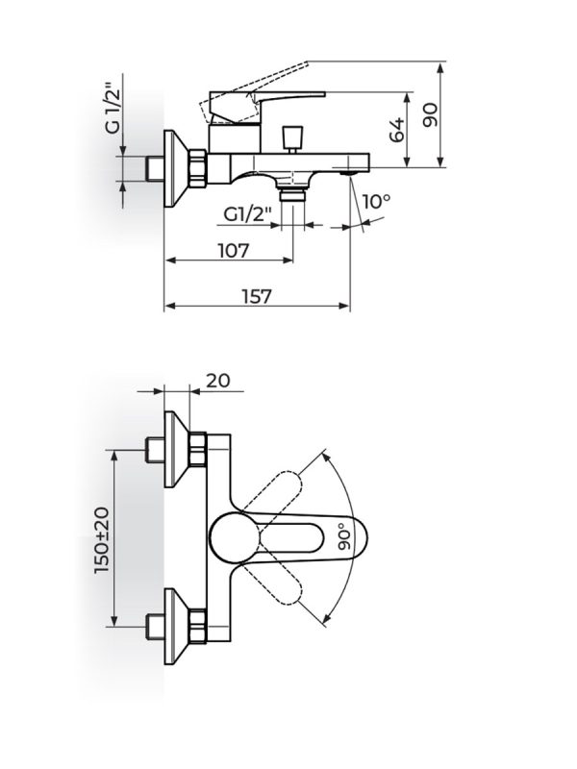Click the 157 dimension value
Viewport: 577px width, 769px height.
256,297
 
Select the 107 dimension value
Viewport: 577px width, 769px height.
234,251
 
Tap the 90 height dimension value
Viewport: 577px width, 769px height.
431,115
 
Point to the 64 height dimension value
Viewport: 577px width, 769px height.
397,130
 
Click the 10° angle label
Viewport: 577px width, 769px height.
377,201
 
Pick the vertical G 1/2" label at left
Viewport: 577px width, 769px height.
112,111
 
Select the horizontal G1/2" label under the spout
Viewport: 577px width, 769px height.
247,214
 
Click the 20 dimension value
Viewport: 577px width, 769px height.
218,380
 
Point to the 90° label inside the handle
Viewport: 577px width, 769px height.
345,536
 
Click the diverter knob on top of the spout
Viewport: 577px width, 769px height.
293,139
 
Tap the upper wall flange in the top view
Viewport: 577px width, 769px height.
176,449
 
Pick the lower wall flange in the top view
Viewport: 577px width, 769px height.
176,627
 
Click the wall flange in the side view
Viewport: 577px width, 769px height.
176,168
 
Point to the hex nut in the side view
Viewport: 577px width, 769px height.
198,168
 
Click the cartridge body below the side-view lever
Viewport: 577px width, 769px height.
234,138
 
